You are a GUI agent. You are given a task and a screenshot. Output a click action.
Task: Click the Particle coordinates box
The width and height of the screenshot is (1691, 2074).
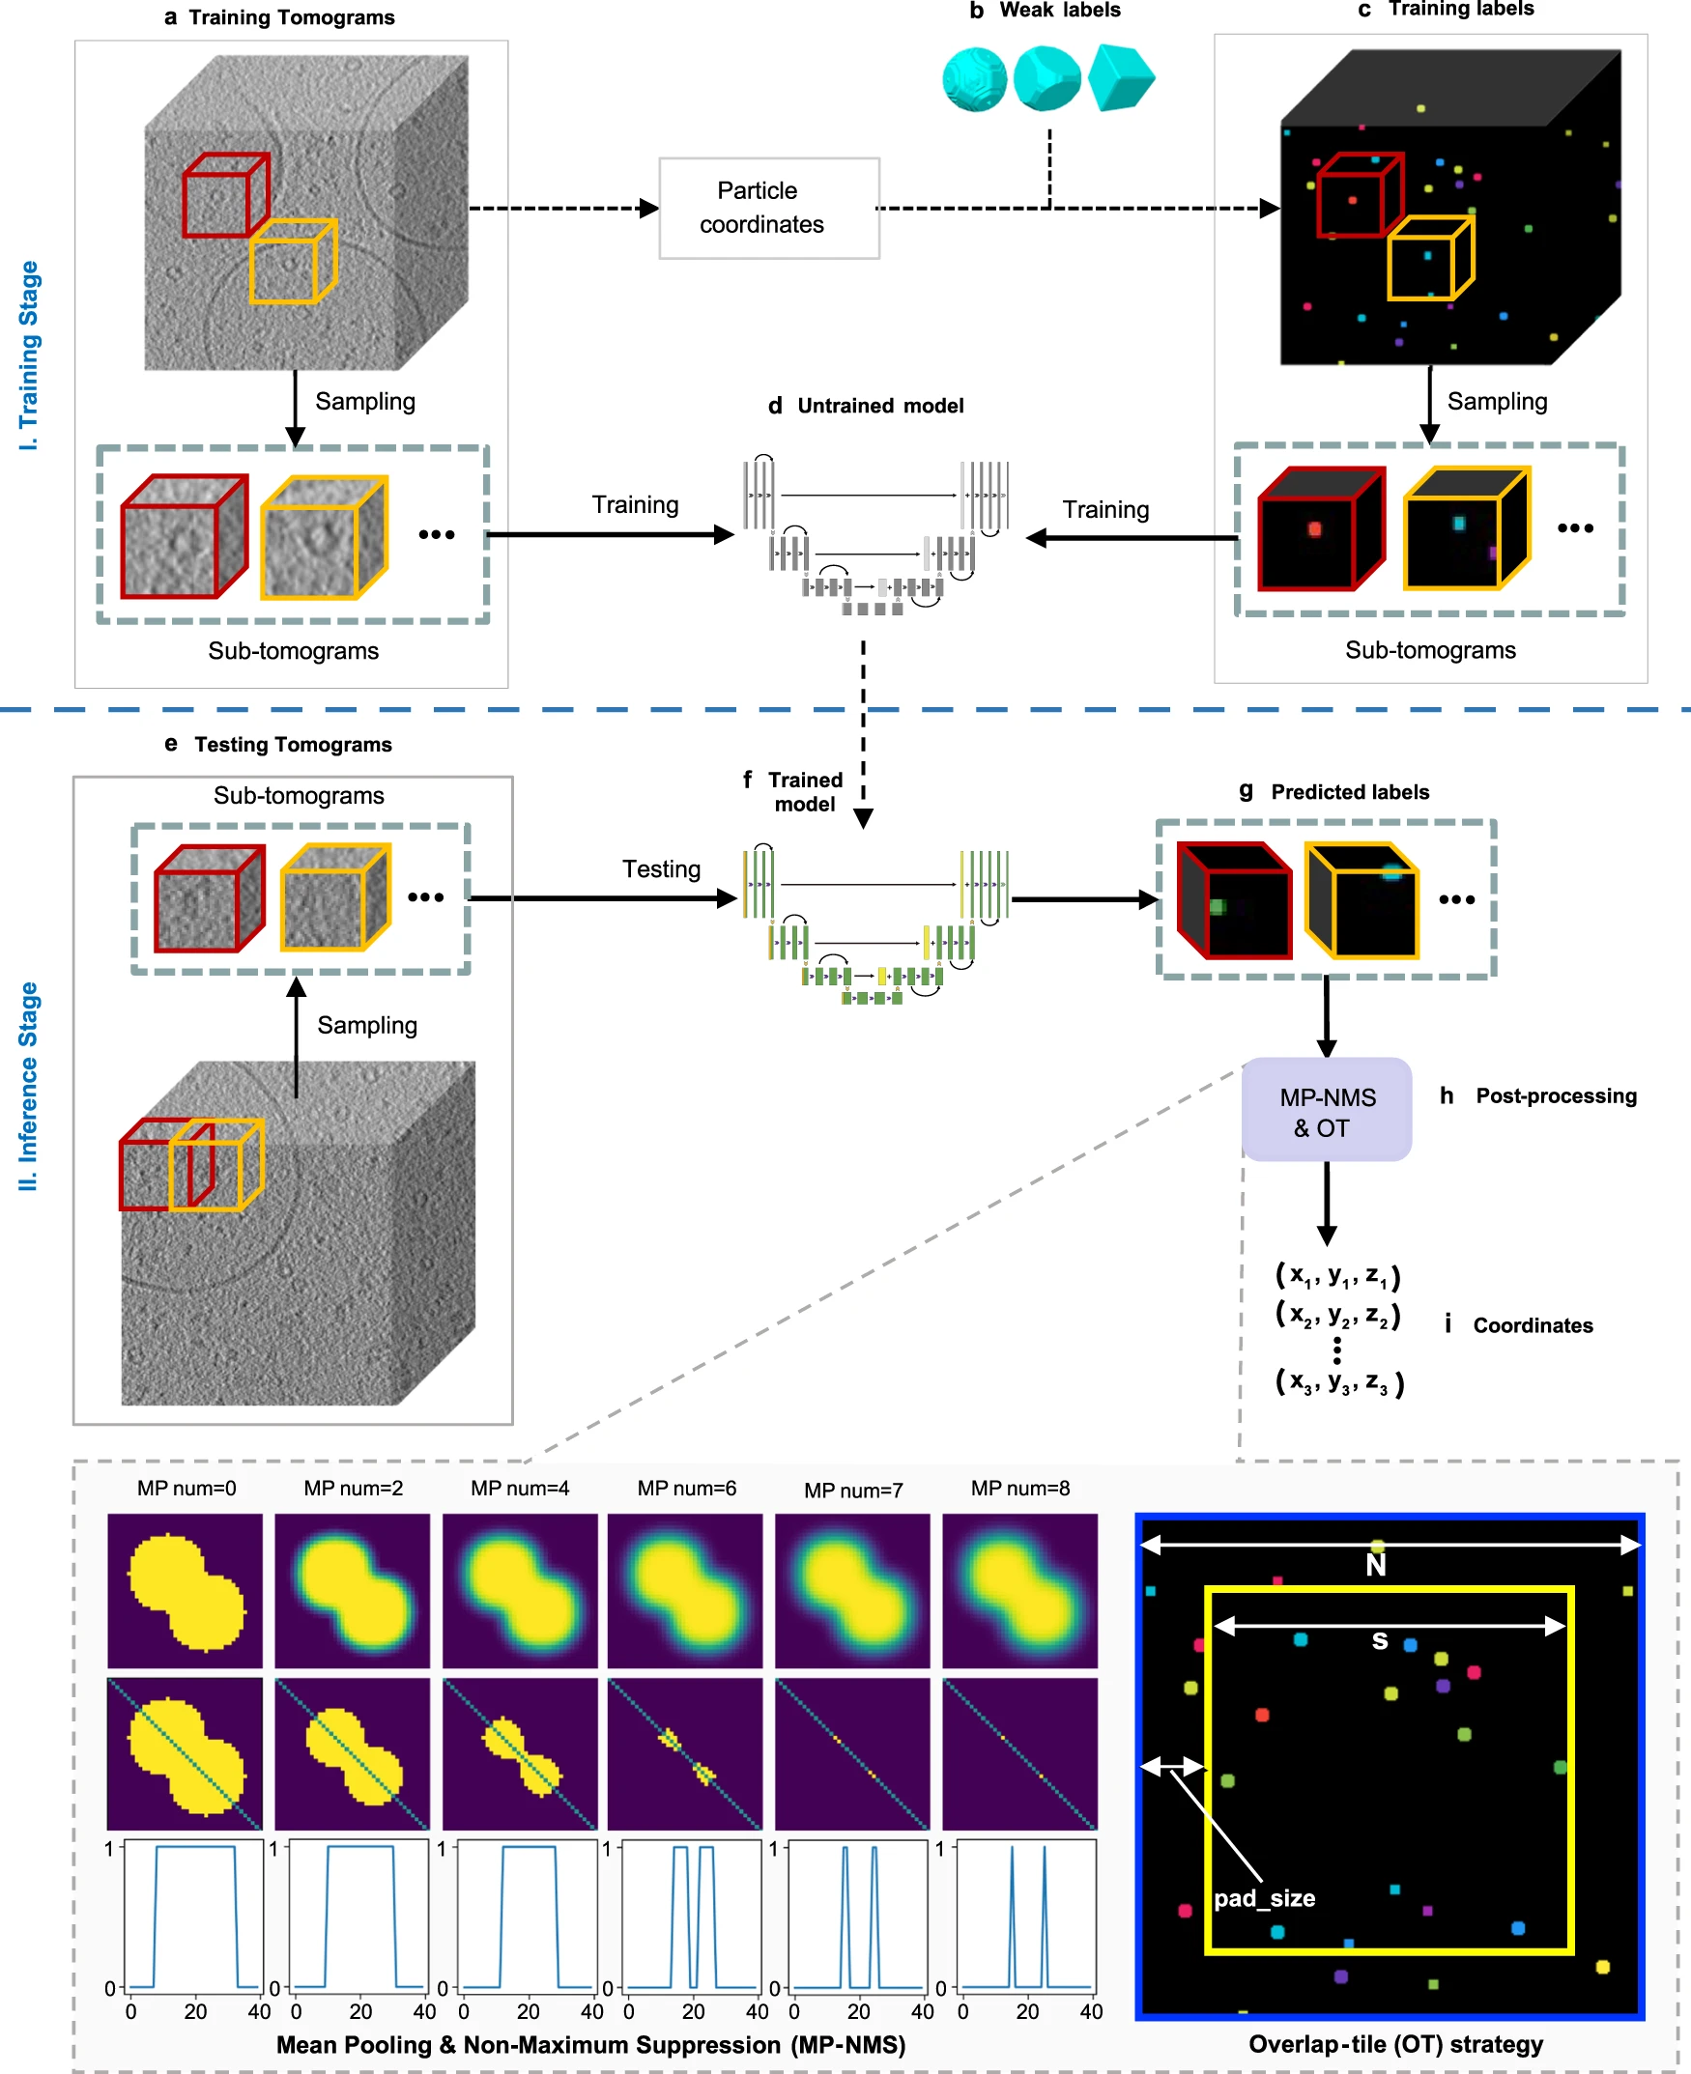[x=768, y=208]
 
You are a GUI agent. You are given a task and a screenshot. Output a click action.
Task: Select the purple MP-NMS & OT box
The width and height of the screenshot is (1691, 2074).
[x=1326, y=1110]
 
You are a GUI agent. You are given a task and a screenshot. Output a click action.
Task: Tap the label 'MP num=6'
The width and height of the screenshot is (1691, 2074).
[x=687, y=1488]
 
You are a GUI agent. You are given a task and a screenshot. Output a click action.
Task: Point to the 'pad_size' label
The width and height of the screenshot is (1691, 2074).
[x=1264, y=1898]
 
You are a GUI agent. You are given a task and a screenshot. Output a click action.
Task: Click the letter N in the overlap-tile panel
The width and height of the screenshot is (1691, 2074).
[x=1375, y=1565]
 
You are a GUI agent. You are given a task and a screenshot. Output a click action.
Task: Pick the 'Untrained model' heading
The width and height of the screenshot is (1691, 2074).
[x=879, y=406]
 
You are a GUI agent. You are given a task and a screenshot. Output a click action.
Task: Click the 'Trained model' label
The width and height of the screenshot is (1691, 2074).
[x=805, y=791]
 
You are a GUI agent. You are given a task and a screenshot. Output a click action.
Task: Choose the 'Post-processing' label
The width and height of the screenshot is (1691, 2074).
[x=1556, y=1095]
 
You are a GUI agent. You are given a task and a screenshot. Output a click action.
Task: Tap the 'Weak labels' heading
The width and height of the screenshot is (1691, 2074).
[x=1059, y=11]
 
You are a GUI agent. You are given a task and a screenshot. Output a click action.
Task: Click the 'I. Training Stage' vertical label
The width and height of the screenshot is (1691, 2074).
[x=29, y=355]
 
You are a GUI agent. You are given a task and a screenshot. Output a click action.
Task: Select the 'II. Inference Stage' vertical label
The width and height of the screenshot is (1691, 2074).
[x=29, y=1086]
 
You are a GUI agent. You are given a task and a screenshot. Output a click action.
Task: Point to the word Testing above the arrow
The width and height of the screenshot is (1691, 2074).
[x=661, y=868]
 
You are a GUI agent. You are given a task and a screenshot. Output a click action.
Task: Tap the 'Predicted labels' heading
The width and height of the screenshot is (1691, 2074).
[x=1349, y=791]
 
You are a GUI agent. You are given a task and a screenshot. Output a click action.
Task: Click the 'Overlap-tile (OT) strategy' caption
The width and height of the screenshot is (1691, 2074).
[x=1395, y=2044]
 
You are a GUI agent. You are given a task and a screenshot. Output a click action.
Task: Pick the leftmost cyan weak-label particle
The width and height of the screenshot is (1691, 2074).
[x=974, y=80]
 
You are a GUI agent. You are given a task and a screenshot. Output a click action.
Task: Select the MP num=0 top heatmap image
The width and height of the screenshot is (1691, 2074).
[x=186, y=1590]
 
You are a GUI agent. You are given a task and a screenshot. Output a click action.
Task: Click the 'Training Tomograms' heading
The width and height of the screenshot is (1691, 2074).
[x=291, y=17]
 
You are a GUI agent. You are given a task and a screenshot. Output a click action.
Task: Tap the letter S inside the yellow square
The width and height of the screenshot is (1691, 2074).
[x=1379, y=1640]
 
